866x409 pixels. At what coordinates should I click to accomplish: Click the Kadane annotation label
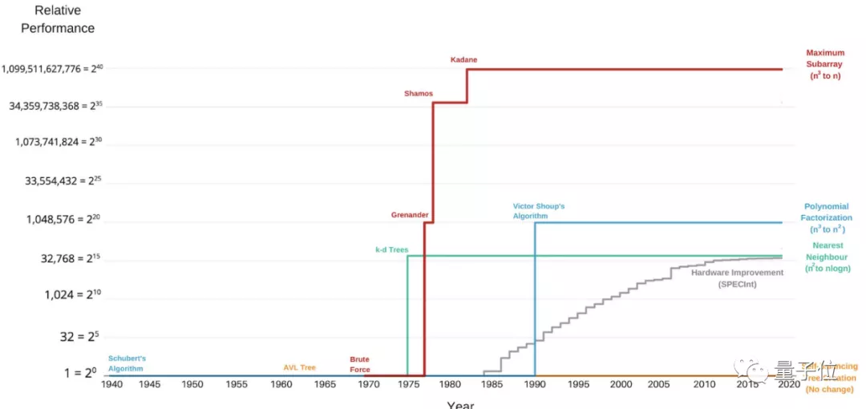[463, 60]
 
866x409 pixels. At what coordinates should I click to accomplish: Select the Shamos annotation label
[418, 94]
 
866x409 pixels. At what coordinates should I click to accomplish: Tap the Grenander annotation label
[409, 215]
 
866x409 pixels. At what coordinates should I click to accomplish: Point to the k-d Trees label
[392, 250]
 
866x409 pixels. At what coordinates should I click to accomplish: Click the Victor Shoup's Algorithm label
[539, 211]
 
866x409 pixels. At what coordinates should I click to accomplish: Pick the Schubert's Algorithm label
[127, 363]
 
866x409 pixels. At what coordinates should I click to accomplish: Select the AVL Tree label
[299, 367]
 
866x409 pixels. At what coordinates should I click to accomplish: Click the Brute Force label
[360, 365]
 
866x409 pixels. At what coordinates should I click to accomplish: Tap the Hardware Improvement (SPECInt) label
[737, 278]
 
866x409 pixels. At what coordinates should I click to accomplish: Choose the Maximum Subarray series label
[825, 64]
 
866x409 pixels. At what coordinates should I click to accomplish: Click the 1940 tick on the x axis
[111, 385]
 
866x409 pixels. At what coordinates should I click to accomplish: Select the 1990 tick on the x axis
[536, 385]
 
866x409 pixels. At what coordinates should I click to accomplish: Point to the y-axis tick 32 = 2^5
[78, 337]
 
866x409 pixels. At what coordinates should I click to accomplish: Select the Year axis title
[460, 404]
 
